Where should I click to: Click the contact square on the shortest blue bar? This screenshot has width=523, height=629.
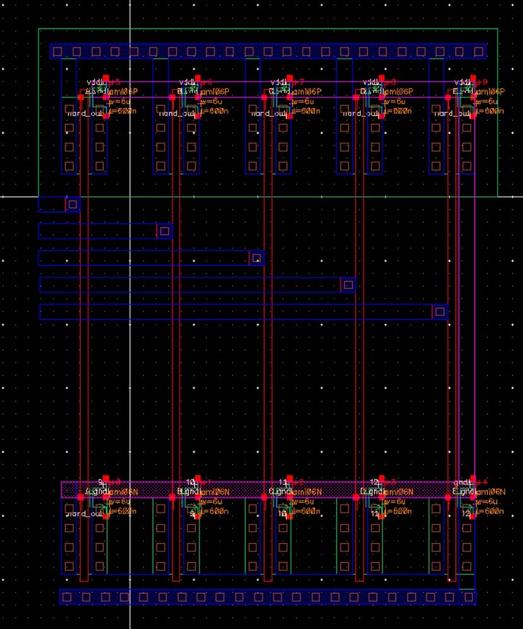coord(73,204)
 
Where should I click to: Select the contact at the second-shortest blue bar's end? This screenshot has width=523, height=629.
coord(165,231)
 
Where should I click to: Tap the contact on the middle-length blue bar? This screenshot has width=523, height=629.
coord(256,258)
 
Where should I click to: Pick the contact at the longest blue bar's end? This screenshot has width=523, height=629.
coord(440,311)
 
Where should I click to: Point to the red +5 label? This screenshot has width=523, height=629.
coord(115,82)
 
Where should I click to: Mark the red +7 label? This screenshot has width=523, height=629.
coord(299,82)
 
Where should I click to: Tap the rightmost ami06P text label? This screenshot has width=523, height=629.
coord(490,92)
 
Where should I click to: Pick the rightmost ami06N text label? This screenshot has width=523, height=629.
coord(490,492)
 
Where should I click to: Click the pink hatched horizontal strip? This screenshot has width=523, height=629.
coord(265,489)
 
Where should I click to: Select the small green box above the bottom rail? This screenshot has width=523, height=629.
coord(467,582)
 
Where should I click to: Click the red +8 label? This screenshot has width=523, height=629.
coord(391,82)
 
